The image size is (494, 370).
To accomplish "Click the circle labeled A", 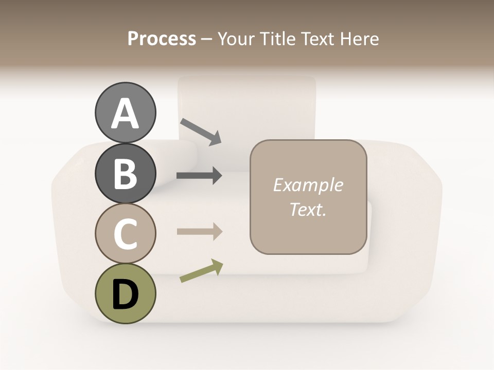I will coord(125,113).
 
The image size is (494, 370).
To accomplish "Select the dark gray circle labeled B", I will coord(125,173).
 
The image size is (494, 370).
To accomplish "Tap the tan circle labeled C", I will coord(125,233).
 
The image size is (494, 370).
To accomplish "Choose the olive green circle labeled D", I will coord(125,293).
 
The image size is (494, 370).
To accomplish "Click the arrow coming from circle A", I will coord(201,132).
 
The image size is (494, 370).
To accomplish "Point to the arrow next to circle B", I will coord(199,176).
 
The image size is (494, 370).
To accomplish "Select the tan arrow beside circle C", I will coord(199,231).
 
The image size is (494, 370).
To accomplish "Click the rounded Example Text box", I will coord(308,197).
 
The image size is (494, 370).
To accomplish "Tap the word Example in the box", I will coord(308,185).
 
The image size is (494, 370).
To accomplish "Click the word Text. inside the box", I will coord(308,209).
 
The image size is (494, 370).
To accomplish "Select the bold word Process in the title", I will coord(162,39).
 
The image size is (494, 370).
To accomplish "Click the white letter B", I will coord(125,174).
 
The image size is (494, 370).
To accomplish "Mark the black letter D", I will coord(125,294).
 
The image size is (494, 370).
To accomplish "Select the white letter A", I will coord(125,114).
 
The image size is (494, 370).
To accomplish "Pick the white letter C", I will coord(125,234).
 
